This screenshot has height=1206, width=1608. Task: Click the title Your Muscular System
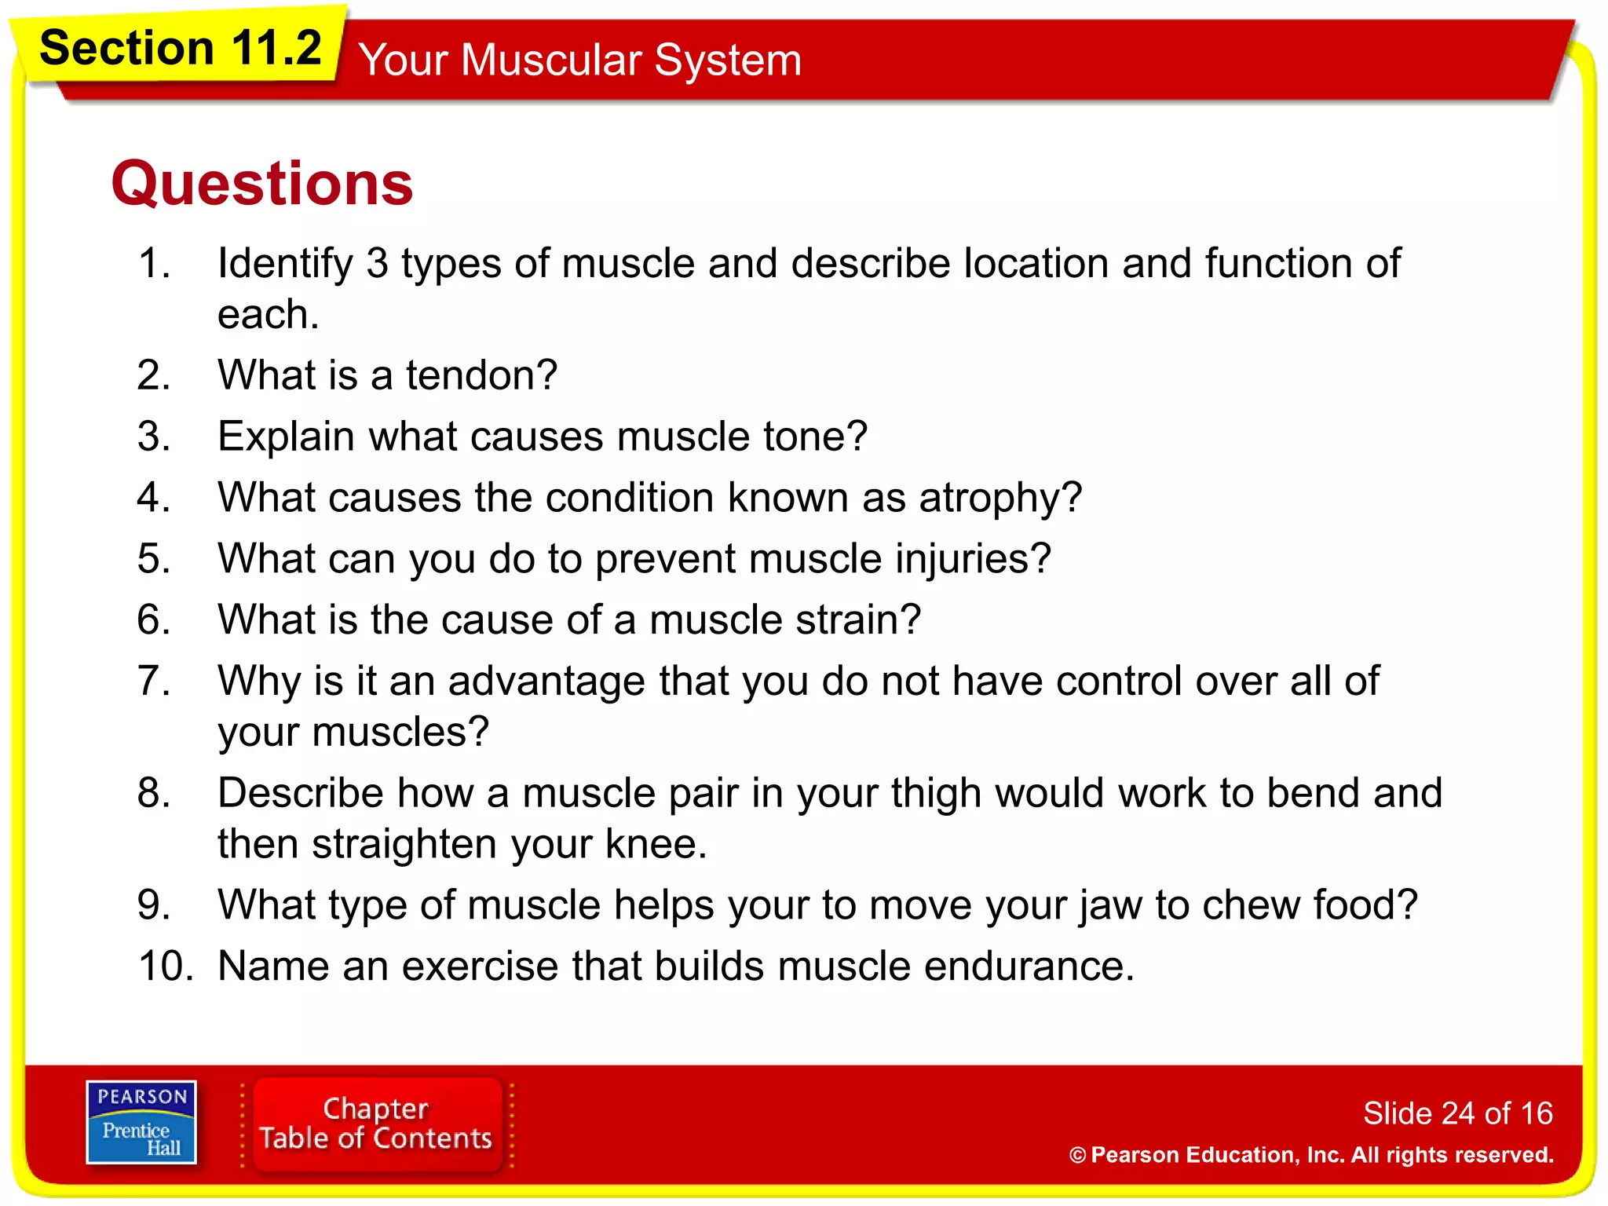tap(579, 60)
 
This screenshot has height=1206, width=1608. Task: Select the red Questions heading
tap(261, 183)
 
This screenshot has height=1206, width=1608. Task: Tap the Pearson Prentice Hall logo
tap(141, 1122)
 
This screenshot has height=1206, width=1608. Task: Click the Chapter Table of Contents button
tap(376, 1124)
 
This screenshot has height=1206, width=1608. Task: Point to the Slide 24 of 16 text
tap(1457, 1113)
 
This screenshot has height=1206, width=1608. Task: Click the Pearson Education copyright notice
tap(1311, 1155)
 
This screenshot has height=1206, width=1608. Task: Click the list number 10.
tap(166, 967)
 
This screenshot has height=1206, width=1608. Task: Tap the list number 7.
tap(153, 681)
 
